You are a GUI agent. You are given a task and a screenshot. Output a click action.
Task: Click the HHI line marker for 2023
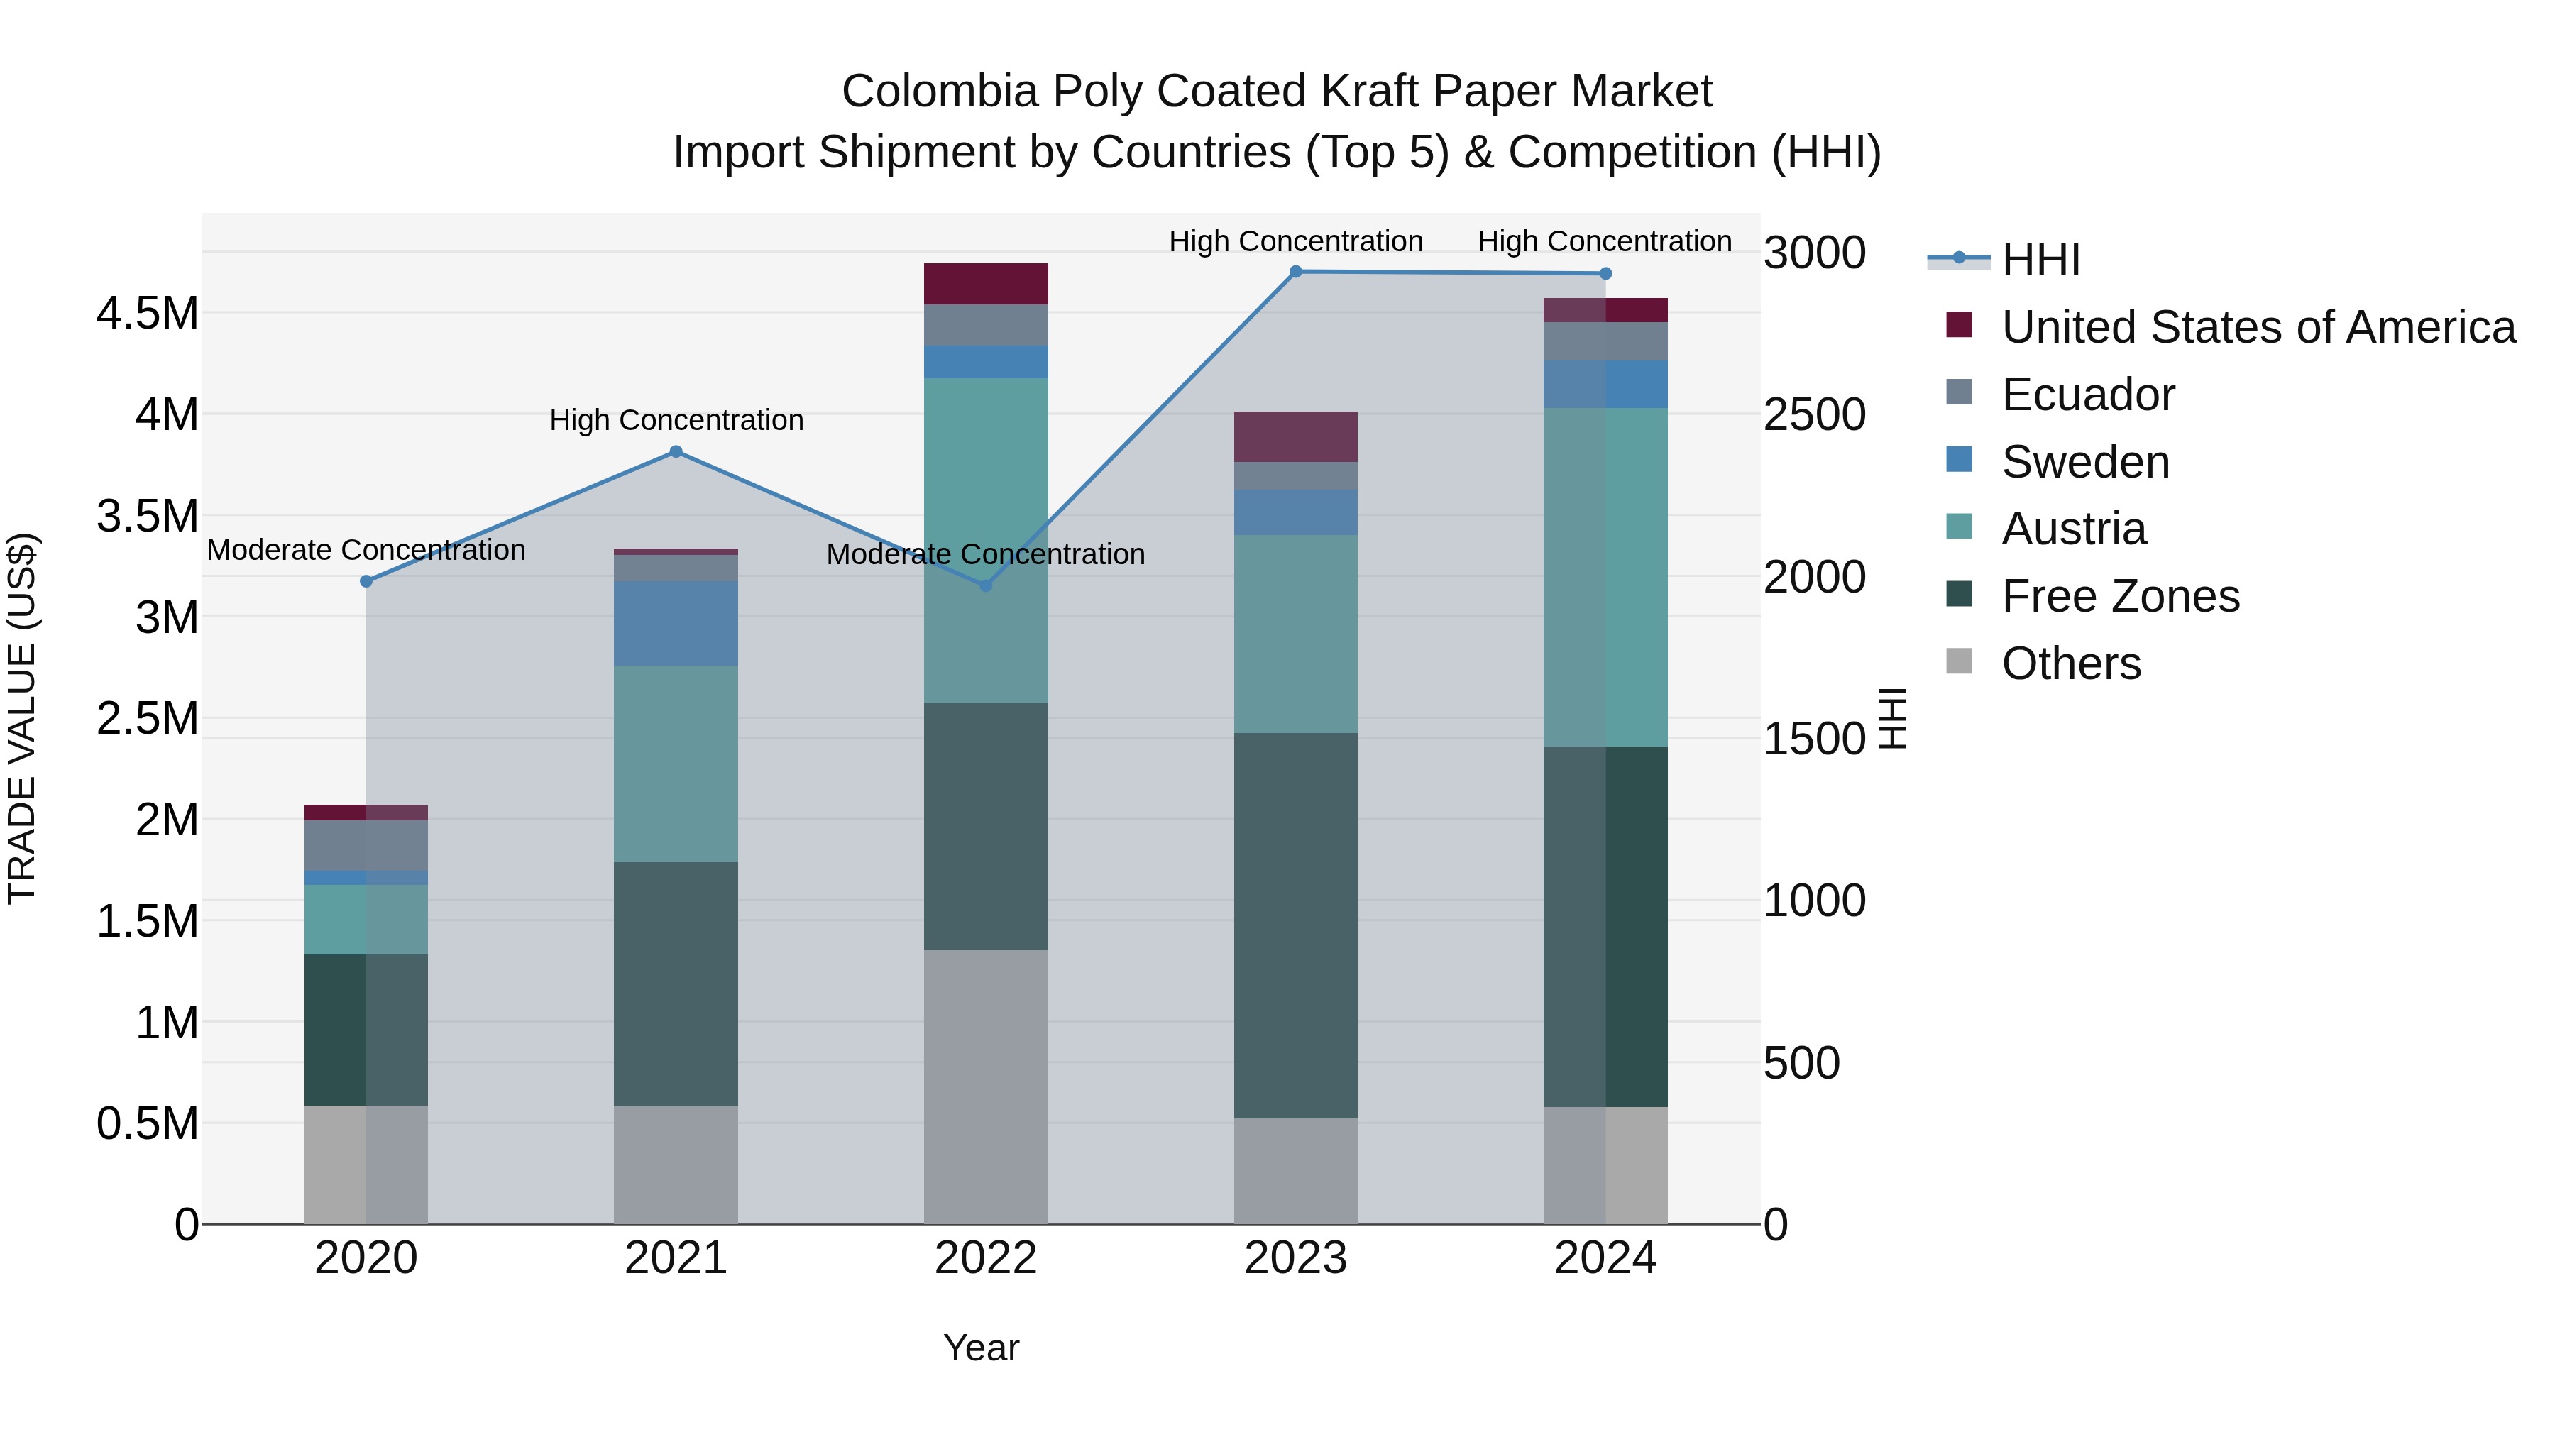click(x=1295, y=272)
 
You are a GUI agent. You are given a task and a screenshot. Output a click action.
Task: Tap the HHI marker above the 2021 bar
click(x=676, y=452)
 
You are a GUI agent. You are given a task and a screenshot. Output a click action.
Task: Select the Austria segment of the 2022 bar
click(x=986, y=541)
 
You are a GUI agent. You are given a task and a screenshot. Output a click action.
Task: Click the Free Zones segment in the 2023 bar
click(x=1295, y=925)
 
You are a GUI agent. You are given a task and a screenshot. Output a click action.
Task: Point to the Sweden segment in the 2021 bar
click(x=676, y=623)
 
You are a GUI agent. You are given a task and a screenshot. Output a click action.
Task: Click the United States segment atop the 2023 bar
click(x=1295, y=436)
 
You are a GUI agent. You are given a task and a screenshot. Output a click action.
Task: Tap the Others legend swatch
click(x=1959, y=661)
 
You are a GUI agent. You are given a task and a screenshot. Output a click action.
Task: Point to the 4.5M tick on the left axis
click(x=147, y=314)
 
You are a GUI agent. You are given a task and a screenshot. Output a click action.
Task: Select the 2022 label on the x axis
click(x=986, y=1258)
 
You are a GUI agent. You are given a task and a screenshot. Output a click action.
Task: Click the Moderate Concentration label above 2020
click(x=366, y=551)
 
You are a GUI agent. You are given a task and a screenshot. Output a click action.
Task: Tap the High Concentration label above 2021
click(x=676, y=421)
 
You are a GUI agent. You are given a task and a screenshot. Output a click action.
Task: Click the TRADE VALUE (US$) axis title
click(x=22, y=718)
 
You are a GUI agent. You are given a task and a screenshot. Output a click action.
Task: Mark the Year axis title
click(x=981, y=1348)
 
